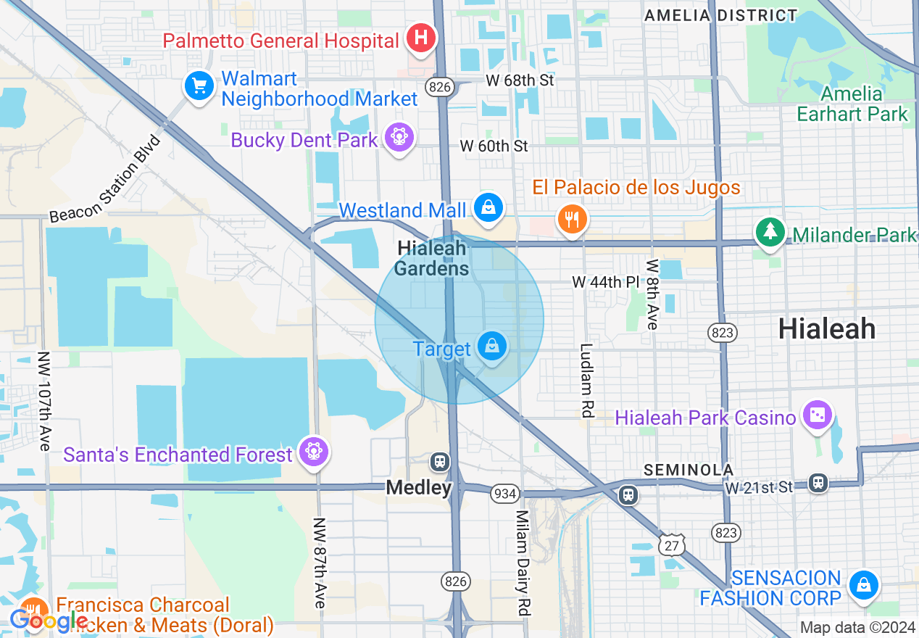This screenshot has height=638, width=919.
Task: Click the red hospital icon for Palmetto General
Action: [420, 37]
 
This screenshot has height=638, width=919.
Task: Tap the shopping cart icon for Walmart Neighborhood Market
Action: [199, 86]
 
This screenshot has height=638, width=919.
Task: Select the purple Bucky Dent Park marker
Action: [399, 136]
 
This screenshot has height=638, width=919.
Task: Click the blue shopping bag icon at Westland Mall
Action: [489, 207]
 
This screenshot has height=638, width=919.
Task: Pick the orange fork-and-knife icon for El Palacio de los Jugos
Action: [572, 218]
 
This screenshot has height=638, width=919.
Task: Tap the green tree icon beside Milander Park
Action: [770, 232]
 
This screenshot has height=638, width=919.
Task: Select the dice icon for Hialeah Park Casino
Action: [817, 415]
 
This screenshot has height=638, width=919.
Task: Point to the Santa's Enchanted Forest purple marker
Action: [313, 452]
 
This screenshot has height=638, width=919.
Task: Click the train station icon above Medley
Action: [439, 461]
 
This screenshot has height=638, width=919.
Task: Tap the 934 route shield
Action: [504, 494]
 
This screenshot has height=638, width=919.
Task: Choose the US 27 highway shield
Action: [673, 544]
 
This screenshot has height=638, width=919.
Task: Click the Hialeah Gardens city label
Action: [432, 259]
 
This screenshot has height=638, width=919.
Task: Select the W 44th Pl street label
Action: [606, 281]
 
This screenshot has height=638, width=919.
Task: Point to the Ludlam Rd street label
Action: [587, 380]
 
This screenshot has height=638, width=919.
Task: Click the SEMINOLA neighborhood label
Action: [689, 470]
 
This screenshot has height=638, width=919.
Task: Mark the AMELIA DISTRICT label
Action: [720, 14]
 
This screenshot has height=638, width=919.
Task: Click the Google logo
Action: [48, 621]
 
